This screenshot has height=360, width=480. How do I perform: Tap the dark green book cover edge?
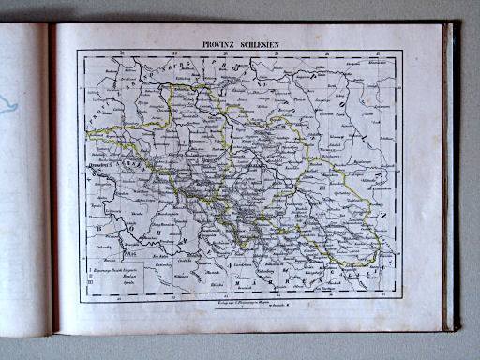click(x=452, y=178)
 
